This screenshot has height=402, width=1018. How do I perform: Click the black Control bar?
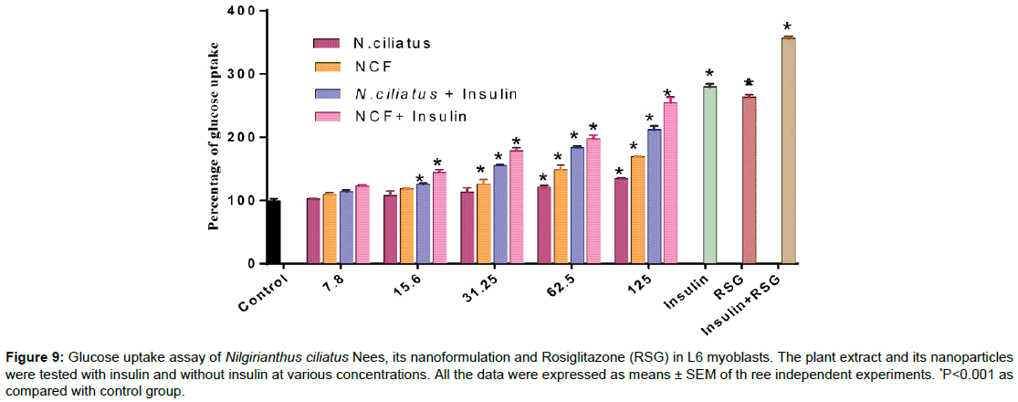273,232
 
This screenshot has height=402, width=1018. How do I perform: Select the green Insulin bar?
709,175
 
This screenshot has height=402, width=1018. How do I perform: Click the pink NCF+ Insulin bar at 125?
670,183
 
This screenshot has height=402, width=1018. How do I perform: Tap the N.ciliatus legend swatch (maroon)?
326,42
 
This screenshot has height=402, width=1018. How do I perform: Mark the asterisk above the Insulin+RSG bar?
788,27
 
